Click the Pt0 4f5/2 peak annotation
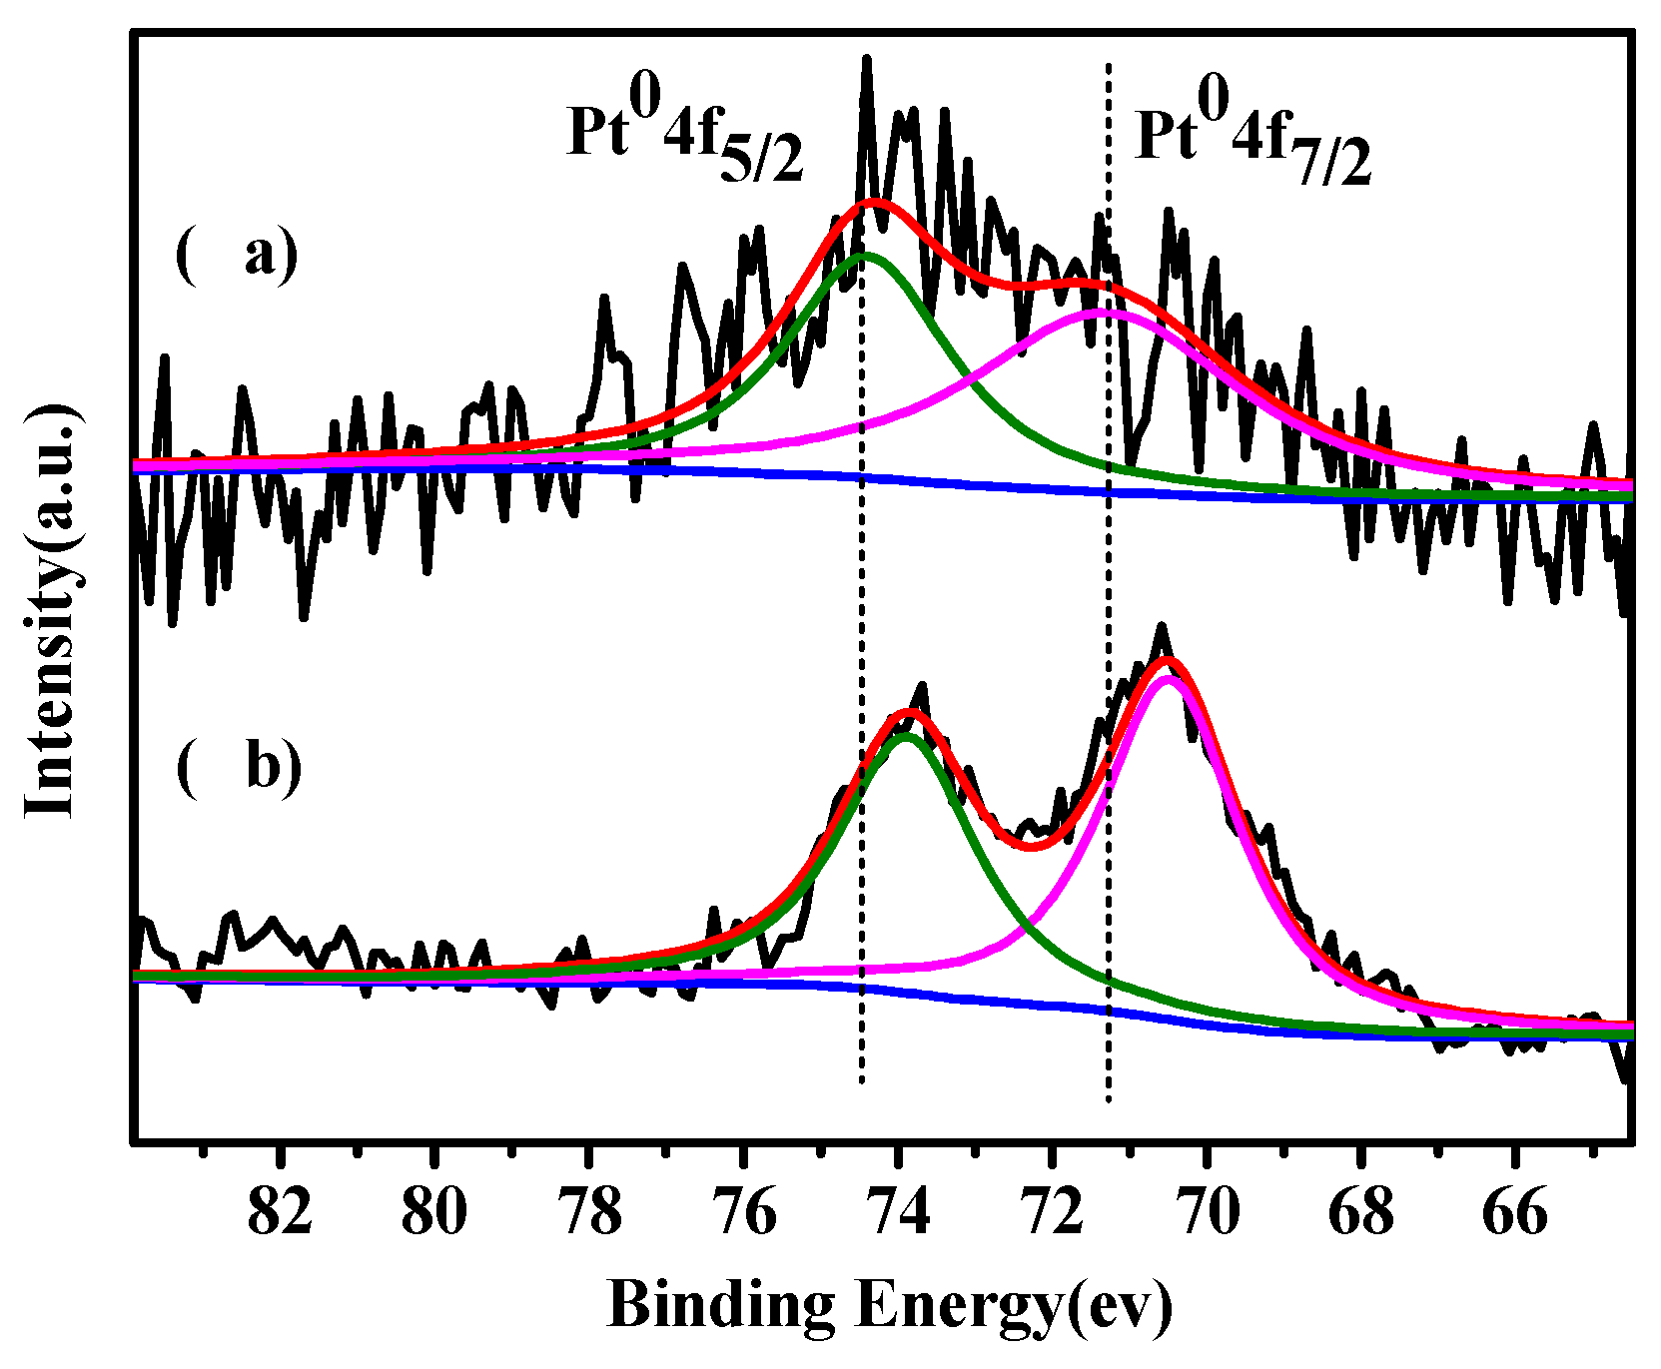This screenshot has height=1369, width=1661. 685,140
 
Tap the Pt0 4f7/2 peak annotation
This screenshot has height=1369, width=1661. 1253,140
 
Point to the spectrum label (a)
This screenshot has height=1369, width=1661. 237,256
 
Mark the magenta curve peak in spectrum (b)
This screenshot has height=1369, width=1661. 1167,678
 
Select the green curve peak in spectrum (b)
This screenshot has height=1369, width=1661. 905,737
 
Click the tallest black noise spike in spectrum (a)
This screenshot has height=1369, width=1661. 866,60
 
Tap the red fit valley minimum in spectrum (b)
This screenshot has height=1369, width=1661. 1032,848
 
